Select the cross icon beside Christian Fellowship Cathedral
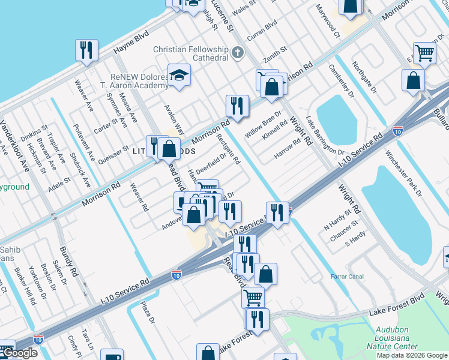tap(238, 53)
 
